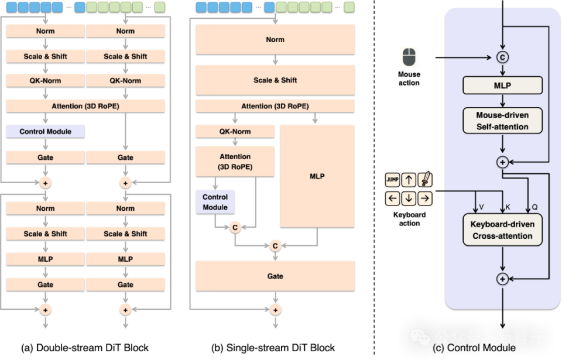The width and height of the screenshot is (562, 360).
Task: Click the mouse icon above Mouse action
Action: click(409, 57)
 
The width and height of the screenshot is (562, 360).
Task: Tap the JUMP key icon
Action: click(392, 180)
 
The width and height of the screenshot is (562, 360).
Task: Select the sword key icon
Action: click(425, 180)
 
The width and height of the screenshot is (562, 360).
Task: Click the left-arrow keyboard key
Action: click(392, 198)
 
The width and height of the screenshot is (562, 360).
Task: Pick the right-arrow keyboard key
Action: click(425, 198)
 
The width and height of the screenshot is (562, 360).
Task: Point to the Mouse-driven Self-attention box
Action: click(502, 121)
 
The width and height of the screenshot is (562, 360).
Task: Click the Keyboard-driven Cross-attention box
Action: click(502, 230)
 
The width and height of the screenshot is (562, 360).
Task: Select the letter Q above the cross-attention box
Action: click(534, 207)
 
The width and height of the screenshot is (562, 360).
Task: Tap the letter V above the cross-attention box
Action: click(481, 207)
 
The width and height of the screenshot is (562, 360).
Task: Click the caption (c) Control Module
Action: click(474, 348)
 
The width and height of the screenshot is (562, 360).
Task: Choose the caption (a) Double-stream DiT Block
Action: click(85, 348)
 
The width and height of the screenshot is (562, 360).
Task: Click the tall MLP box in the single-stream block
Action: click(317, 176)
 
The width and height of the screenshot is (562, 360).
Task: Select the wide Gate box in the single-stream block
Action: click(275, 276)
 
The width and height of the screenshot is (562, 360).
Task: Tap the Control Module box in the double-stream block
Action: click(46, 132)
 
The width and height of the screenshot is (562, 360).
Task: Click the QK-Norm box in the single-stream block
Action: click(235, 132)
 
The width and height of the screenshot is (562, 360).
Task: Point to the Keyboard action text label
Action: click(409, 219)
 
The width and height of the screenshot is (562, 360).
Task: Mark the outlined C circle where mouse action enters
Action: click(502, 57)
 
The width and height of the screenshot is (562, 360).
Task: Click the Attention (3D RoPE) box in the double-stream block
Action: click(85, 106)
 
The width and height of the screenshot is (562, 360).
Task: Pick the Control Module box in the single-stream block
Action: click(215, 202)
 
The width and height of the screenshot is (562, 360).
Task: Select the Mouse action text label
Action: click(409, 78)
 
